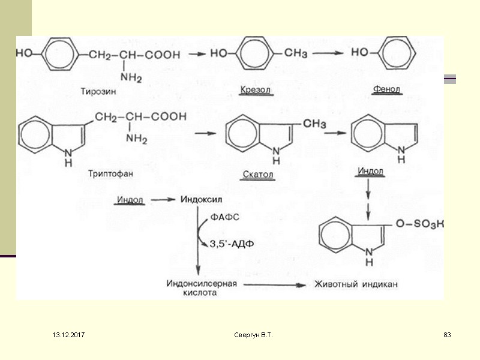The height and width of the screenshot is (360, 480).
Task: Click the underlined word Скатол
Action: [259, 175]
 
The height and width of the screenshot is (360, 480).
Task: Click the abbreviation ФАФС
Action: [225, 217]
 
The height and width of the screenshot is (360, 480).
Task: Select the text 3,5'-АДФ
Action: [232, 244]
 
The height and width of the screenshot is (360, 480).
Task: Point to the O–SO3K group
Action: [424, 224]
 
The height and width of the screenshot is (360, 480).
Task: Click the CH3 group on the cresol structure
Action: [296, 53]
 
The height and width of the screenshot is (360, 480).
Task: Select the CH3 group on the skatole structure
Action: [314, 124]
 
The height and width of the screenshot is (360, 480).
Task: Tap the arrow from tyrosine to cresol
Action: [197, 53]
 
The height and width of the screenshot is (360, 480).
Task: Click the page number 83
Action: [446, 334]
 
